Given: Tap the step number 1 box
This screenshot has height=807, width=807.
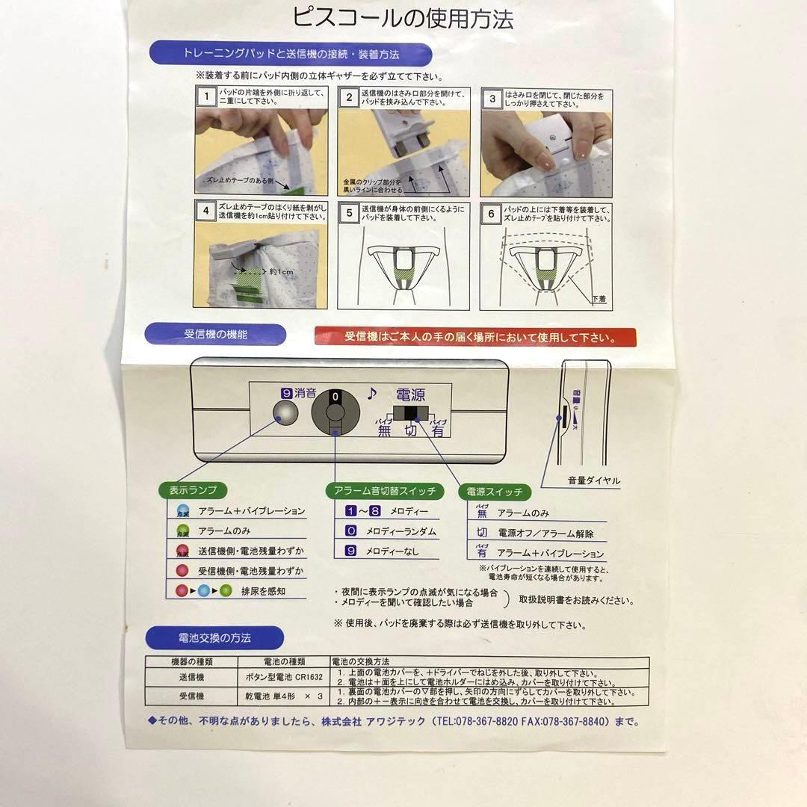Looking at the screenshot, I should tap(205, 96).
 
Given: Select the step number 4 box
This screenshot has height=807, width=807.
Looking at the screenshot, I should tap(205, 211).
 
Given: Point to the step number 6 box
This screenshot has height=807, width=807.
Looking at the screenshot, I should tap(491, 214).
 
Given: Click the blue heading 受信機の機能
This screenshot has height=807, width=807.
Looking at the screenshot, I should tap(215, 335).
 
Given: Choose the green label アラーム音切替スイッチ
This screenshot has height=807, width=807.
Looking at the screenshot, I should tap(384, 491).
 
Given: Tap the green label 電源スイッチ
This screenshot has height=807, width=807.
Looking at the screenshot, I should tap(494, 492).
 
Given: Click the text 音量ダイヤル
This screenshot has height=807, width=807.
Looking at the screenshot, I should tap(593, 480).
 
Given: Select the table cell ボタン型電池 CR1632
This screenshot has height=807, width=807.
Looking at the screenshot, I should tap(283, 677).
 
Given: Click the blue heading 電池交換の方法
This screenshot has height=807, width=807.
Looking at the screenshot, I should tap(214, 638).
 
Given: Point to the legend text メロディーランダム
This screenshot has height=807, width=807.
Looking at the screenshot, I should tap(401, 532).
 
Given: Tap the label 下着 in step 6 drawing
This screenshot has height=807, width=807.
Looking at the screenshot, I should tap(599, 298).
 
